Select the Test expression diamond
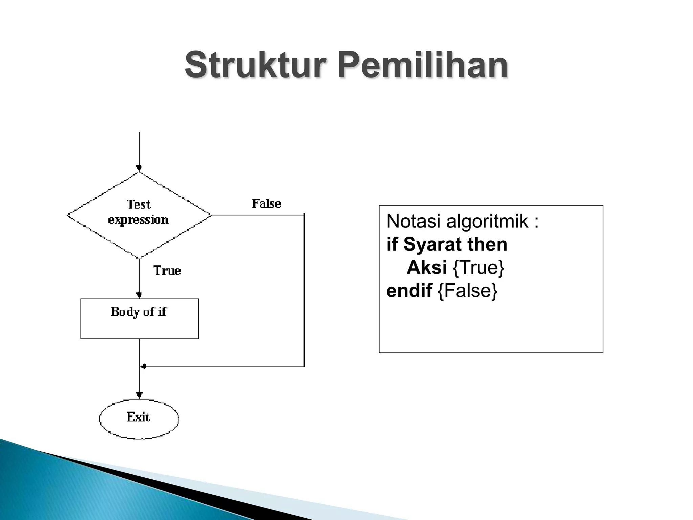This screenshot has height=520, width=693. (139, 215)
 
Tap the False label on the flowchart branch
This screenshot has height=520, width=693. (266, 204)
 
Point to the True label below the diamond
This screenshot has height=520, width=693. (167, 271)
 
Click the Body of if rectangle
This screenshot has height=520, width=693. (139, 319)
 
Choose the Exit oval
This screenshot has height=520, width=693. (139, 418)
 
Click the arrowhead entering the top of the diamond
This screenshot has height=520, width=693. (139, 168)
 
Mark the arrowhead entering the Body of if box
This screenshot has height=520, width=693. (139, 295)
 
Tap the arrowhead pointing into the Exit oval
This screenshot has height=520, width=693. (139, 395)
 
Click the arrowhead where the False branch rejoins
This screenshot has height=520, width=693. (143, 367)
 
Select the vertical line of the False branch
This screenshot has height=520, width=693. (304, 291)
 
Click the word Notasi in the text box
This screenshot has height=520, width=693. (413, 221)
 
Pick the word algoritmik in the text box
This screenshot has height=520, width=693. (487, 221)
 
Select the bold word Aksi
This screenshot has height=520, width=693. (427, 267)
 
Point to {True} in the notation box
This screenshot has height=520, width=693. (478, 267)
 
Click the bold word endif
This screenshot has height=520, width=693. (409, 290)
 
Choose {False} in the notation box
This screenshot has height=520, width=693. (468, 290)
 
